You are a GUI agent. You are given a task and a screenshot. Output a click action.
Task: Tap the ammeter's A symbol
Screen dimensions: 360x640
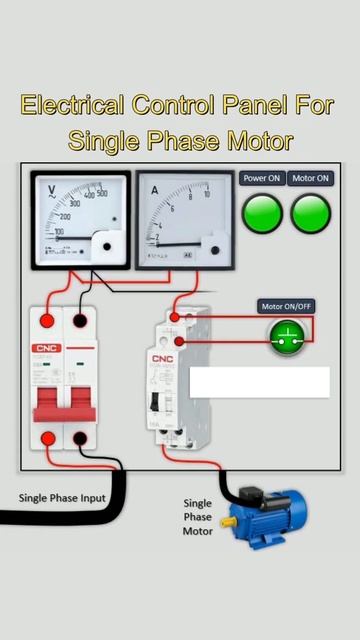155,189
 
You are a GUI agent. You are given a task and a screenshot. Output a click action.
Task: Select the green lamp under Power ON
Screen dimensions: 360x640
263,212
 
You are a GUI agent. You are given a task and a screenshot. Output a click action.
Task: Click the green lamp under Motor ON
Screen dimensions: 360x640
310,212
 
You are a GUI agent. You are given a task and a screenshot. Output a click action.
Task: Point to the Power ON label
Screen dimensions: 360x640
263,178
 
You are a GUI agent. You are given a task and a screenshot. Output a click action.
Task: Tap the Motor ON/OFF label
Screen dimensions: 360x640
287,306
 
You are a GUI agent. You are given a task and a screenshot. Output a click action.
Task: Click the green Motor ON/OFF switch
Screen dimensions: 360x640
287,338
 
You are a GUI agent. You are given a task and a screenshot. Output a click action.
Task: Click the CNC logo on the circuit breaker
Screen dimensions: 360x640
48,349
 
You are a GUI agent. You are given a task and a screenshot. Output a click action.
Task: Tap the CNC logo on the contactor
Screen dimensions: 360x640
162,358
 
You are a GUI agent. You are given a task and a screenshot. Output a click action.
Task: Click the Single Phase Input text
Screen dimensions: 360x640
62,497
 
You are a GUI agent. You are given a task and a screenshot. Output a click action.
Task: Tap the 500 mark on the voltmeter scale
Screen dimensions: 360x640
101,192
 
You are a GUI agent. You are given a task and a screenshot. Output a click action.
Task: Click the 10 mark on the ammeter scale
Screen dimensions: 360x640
207,194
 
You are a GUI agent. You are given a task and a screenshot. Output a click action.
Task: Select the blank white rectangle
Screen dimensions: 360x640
259,381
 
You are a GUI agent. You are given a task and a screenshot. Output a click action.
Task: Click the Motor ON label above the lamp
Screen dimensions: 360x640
311,178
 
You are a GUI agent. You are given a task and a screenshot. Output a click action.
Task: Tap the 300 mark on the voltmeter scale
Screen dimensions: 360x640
74,202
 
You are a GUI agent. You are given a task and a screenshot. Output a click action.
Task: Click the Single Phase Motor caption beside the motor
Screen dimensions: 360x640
198,517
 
